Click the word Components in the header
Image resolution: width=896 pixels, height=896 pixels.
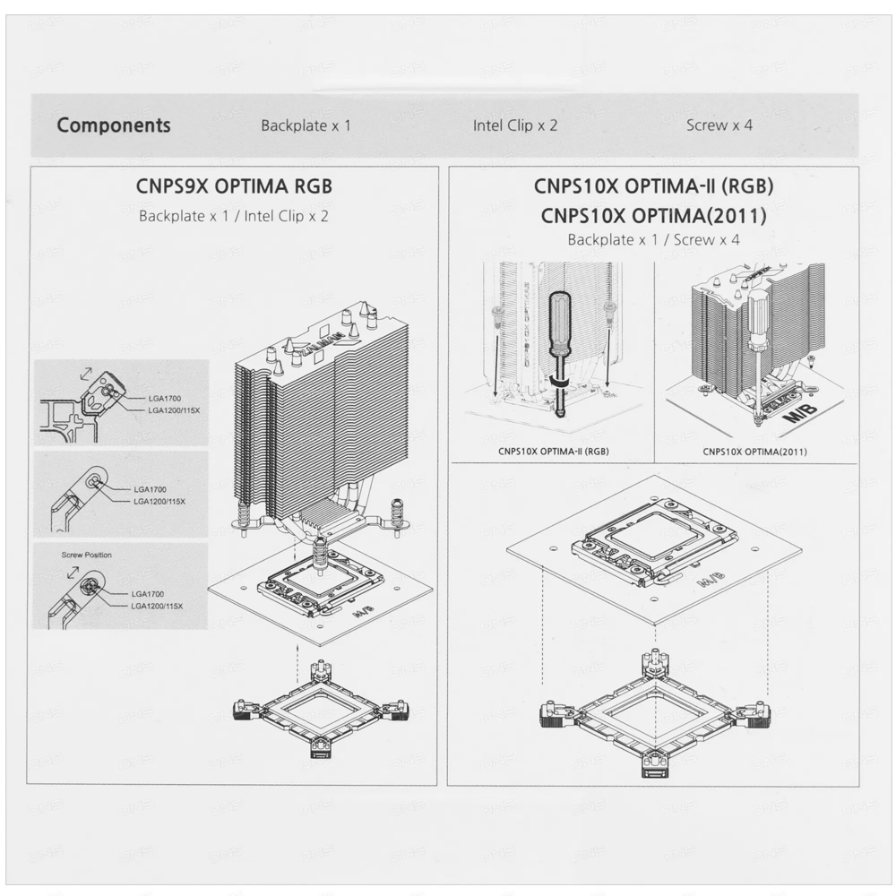[114, 125]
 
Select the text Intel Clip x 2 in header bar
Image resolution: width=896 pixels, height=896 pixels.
[515, 125]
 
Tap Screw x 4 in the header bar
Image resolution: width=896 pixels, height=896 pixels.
[719, 125]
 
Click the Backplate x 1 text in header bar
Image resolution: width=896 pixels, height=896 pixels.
[306, 125]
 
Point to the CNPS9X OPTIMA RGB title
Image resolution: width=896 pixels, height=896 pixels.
[234, 186]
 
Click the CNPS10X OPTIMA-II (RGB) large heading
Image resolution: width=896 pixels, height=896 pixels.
[654, 185]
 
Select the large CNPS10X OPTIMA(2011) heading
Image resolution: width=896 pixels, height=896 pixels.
[654, 215]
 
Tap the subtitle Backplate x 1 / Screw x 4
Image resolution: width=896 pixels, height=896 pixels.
[654, 239]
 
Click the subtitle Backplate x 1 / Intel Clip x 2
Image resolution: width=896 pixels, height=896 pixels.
[234, 216]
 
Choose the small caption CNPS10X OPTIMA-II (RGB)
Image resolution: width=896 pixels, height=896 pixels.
[554, 451]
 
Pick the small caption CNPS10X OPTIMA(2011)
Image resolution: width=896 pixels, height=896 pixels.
[754, 452]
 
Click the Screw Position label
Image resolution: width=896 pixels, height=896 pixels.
[86, 555]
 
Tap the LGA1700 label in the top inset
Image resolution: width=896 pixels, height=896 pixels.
[165, 399]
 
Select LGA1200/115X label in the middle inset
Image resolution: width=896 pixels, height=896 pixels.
[159, 501]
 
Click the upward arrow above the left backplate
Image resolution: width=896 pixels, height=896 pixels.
[297, 663]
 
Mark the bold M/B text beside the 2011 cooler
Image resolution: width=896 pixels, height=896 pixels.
[800, 412]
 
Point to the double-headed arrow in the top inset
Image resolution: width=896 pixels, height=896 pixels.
[86, 373]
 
